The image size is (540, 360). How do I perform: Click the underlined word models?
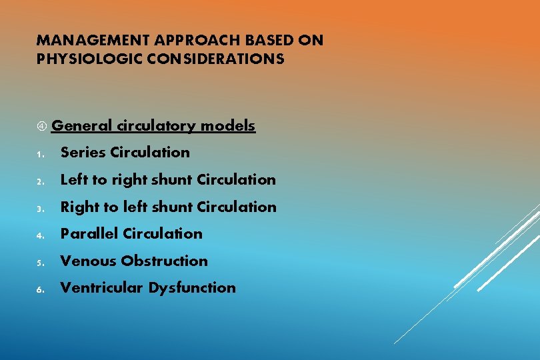coord(228,125)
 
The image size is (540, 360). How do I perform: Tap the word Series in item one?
coord(83,152)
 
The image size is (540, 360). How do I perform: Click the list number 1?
coord(40,154)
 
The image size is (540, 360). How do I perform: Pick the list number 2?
coord(40,181)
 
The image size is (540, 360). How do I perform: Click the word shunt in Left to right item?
coord(173,179)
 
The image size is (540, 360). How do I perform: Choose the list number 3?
coord(40,209)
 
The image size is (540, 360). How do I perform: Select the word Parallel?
coord(89,233)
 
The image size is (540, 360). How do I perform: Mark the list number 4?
coord(40,235)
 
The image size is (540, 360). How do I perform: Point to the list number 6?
coord(40,289)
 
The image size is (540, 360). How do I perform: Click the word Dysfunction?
coord(192,287)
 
